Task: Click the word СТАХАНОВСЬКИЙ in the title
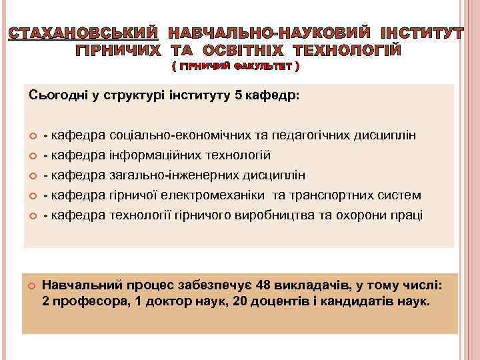[83, 33]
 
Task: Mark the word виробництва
[273, 215]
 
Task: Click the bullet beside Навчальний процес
[31, 286]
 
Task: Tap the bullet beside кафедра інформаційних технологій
[31, 156]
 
